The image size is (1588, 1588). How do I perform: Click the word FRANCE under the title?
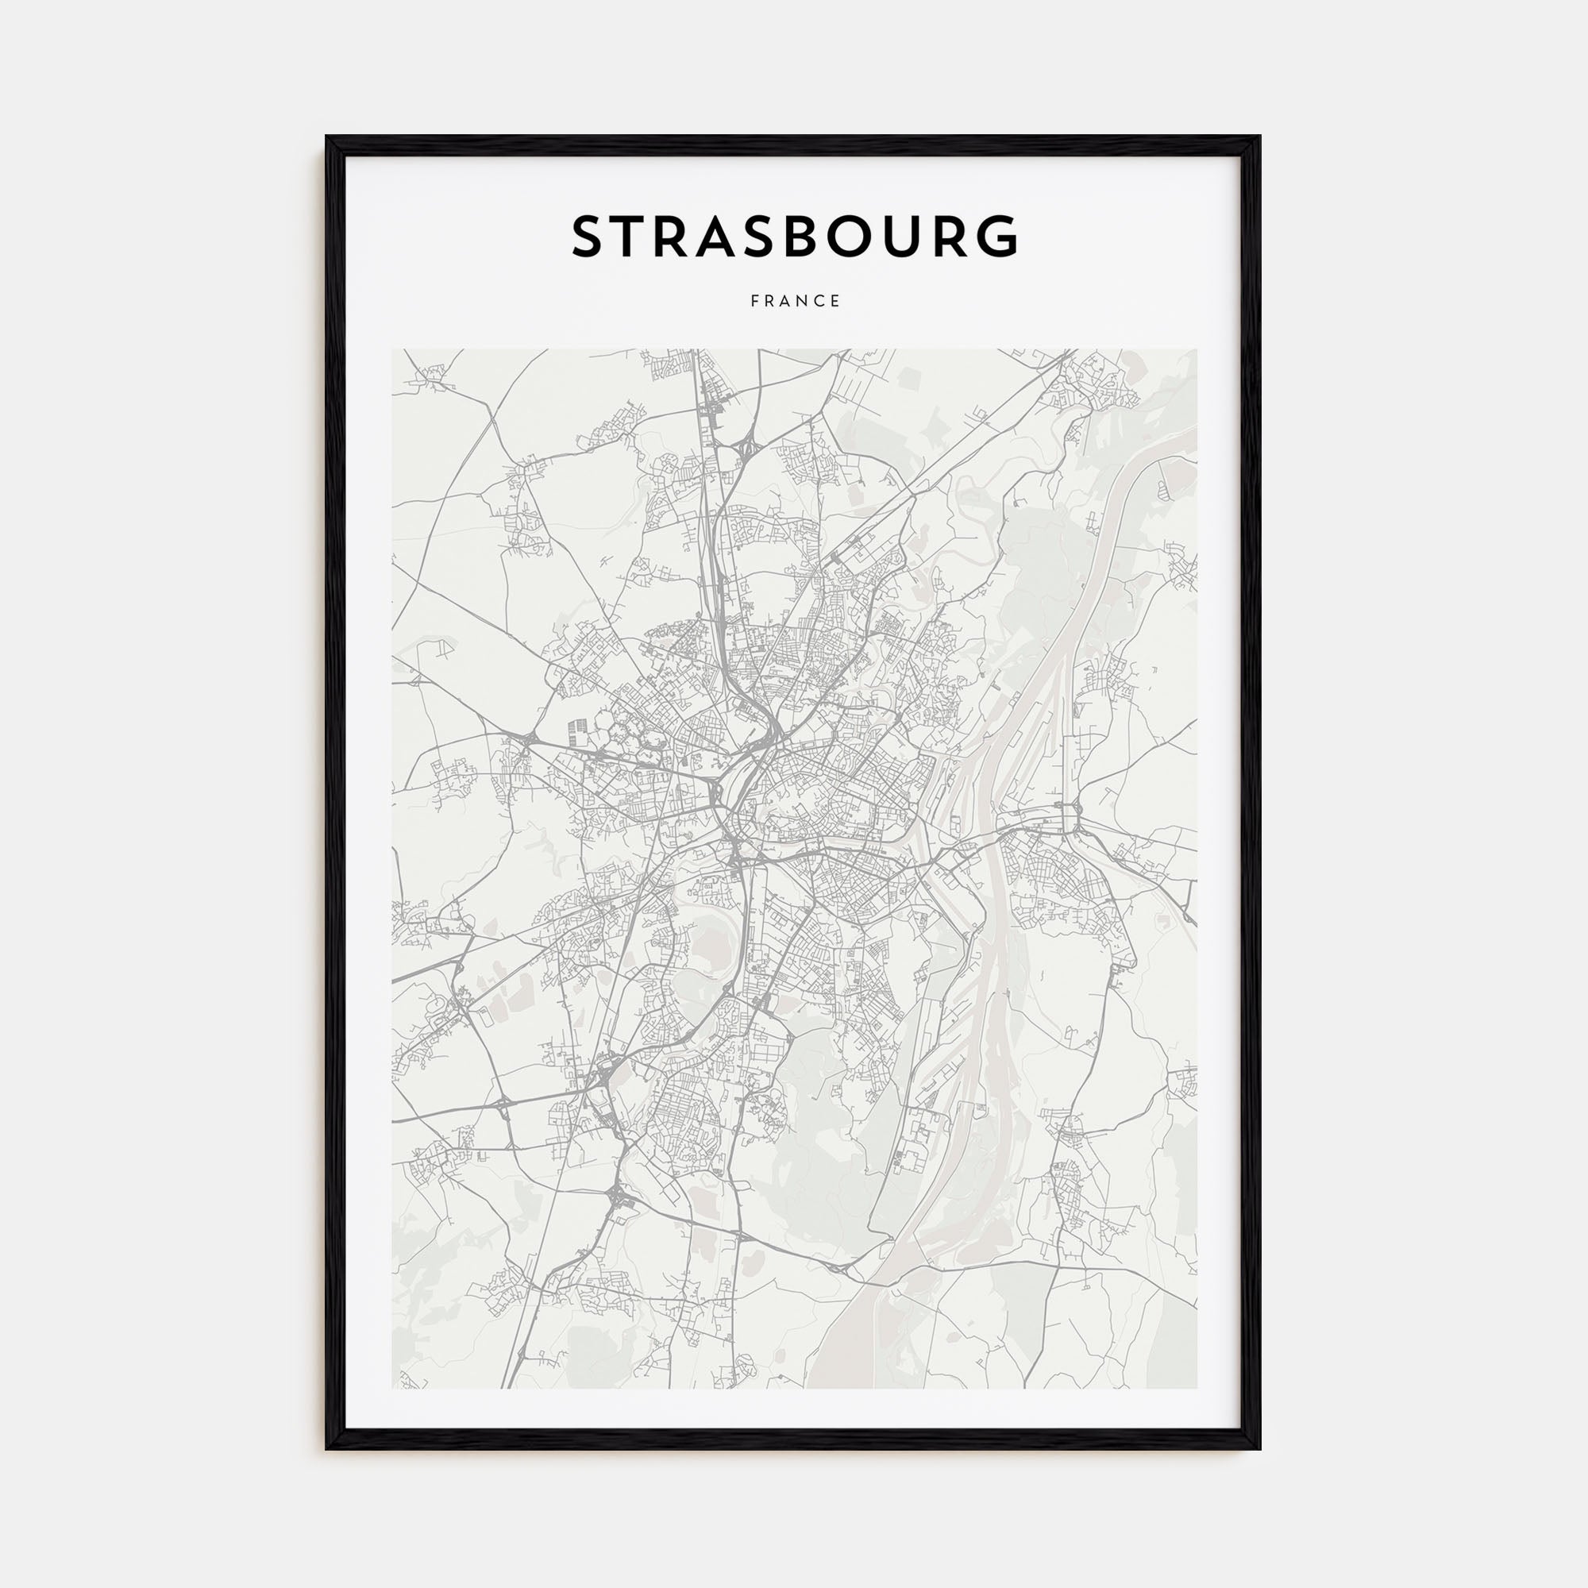coord(795,302)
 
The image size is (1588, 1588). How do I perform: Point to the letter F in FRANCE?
coord(754,302)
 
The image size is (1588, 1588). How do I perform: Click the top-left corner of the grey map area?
coord(393,350)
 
